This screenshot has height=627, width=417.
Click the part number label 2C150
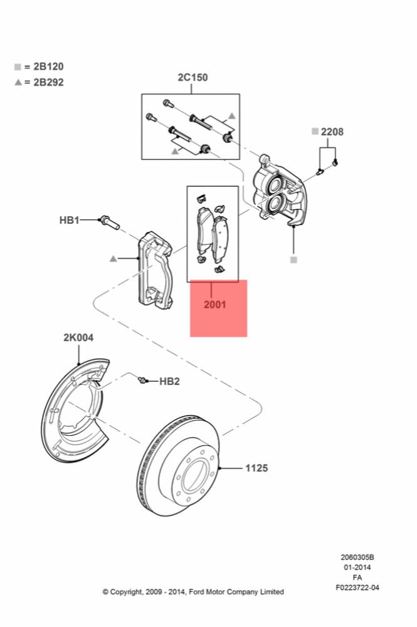coord(193,77)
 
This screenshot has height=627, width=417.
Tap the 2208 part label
coord(332,132)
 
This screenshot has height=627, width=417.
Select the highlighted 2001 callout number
coord(214,304)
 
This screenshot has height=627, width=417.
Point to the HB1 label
coord(69,220)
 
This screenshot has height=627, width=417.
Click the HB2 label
coord(169,381)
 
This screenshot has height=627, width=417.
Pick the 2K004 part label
coord(78,337)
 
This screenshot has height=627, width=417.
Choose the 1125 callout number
coord(256,468)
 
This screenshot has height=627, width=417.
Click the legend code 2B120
coord(48,66)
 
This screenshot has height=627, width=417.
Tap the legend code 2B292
coord(48,82)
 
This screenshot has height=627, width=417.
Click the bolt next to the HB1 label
coord(110,223)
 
